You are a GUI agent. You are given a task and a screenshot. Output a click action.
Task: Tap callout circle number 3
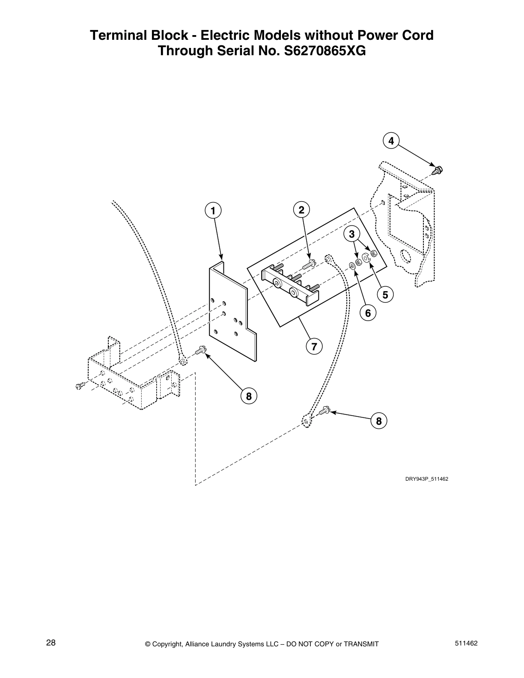pyautogui.click(x=352, y=234)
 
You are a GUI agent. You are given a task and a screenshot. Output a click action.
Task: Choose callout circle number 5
pyautogui.click(x=385, y=294)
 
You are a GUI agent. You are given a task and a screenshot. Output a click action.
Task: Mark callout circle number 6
pyautogui.click(x=368, y=313)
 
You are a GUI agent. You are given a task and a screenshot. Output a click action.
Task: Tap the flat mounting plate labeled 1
pyautogui.click(x=231, y=312)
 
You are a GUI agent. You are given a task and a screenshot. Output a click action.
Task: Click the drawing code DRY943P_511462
pyautogui.click(x=426, y=479)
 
